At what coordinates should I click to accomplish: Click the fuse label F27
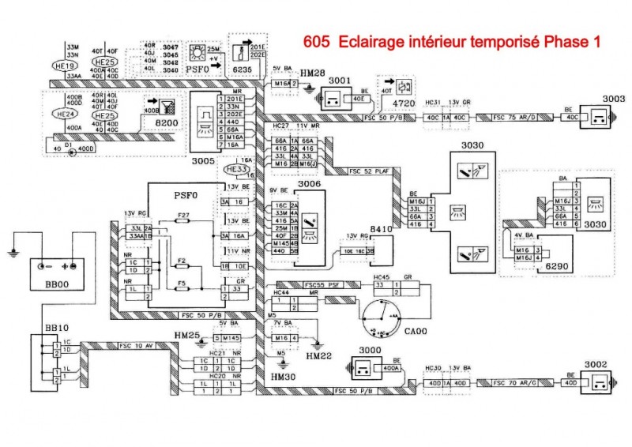pos(183,215)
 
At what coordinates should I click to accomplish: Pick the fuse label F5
pos(182,281)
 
